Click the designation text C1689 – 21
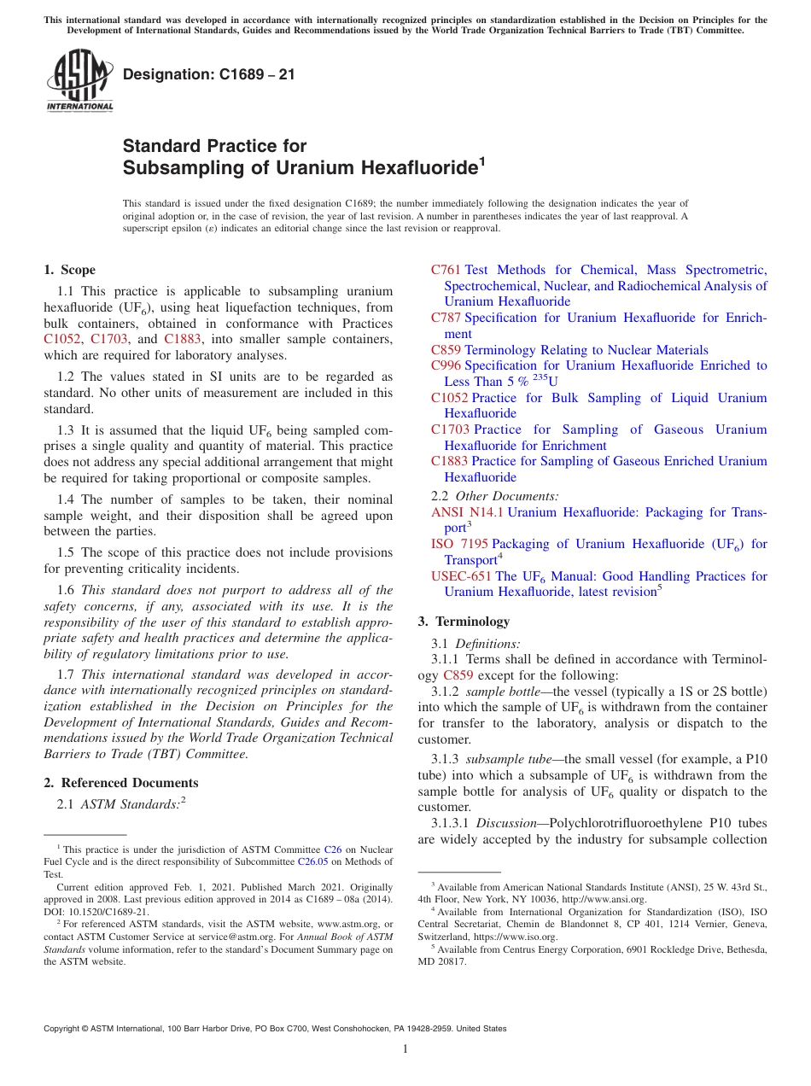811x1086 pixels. tap(209, 74)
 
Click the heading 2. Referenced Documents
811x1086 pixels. tap(120, 783)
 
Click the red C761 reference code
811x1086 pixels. tap(446, 270)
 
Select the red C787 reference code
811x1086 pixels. tap(446, 318)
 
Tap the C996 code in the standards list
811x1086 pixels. tap(446, 365)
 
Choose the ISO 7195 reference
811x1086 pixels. tap(459, 544)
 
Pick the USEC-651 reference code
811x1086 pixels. tap(461, 576)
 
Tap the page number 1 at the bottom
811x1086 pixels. tap(405, 1049)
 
